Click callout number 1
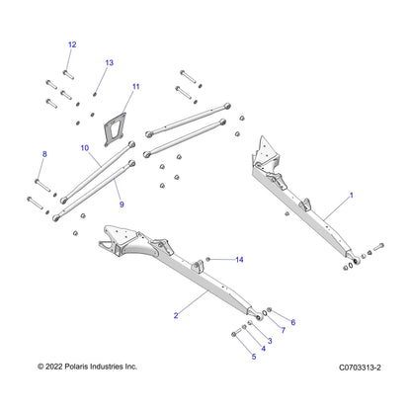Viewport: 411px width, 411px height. pyautogui.click(x=351, y=196)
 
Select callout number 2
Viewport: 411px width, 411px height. pyautogui.click(x=176, y=315)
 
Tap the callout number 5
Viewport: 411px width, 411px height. pyautogui.click(x=254, y=357)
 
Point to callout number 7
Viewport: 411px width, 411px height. pyautogui.click(x=284, y=330)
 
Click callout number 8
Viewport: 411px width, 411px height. pyautogui.click(x=44, y=154)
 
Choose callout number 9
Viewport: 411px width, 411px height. pyautogui.click(x=122, y=205)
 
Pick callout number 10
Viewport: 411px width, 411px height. pyautogui.click(x=85, y=148)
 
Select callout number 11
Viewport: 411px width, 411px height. pyautogui.click(x=136, y=86)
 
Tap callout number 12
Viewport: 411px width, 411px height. pyautogui.click(x=72, y=44)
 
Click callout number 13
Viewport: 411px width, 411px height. pyautogui.click(x=110, y=62)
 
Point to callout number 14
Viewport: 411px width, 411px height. pyautogui.click(x=239, y=260)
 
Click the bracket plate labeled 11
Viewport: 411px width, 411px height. pyautogui.click(x=115, y=129)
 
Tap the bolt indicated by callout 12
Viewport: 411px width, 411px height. pyautogui.click(x=68, y=75)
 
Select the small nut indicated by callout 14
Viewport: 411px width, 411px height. pyautogui.click(x=207, y=260)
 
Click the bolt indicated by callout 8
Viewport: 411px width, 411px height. pyautogui.click(x=42, y=185)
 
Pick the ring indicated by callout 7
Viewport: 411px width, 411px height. pyautogui.click(x=264, y=311)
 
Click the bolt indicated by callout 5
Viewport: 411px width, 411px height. pyautogui.click(x=237, y=332)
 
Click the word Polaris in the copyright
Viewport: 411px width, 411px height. pyautogui.click(x=76, y=367)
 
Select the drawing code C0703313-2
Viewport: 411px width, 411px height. pyautogui.click(x=360, y=368)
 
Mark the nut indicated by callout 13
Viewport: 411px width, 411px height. pyautogui.click(x=95, y=95)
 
